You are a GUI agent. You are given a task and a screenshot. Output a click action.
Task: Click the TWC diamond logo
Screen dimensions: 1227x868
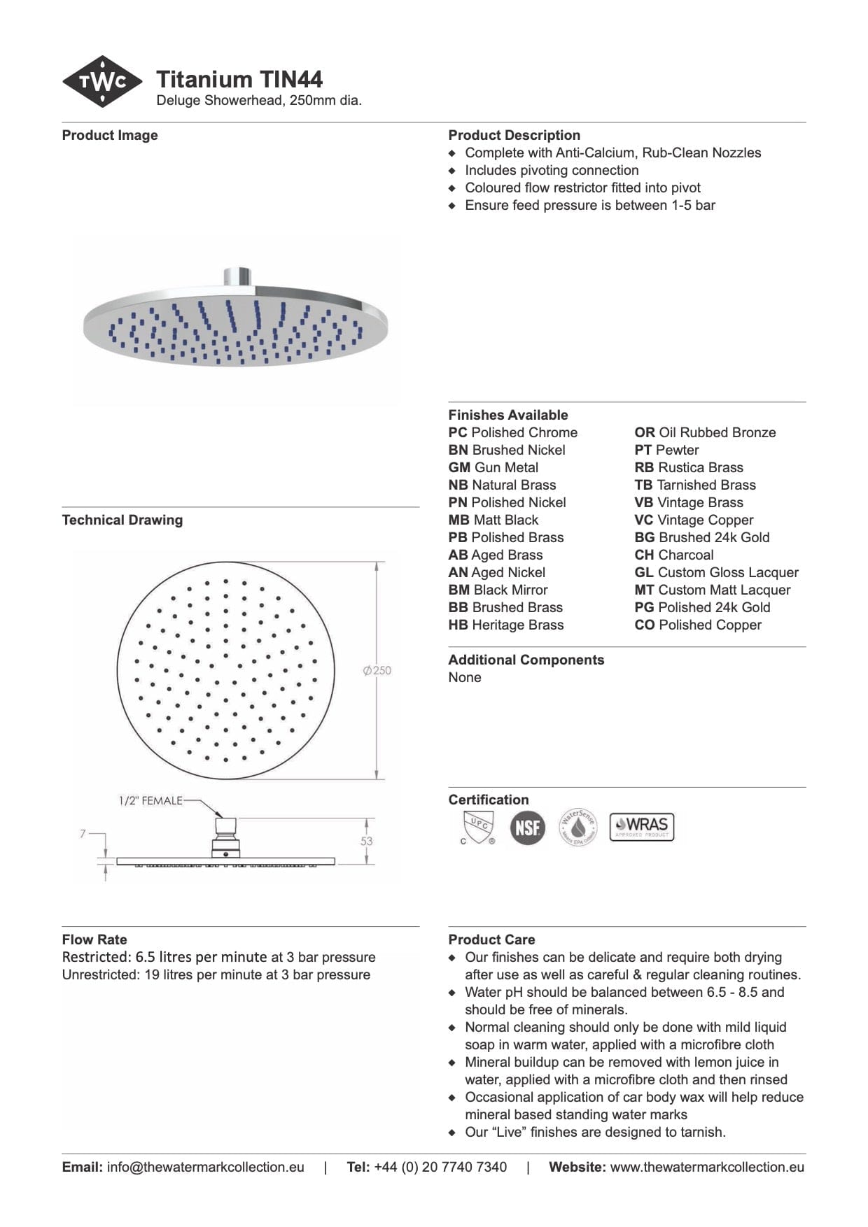(103, 82)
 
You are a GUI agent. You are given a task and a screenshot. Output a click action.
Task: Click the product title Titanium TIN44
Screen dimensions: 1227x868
(239, 79)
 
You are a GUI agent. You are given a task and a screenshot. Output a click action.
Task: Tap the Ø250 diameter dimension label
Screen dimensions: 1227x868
(377, 670)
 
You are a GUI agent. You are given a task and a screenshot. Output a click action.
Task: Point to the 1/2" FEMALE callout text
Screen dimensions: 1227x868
(150, 800)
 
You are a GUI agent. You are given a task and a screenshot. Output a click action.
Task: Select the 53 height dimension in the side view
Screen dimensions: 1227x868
(367, 841)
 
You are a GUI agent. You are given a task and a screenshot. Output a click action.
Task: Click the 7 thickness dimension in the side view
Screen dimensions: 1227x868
(83, 833)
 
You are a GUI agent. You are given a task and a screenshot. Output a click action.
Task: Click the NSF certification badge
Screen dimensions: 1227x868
(527, 828)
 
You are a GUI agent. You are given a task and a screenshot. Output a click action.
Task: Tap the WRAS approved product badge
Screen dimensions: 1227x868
(642, 827)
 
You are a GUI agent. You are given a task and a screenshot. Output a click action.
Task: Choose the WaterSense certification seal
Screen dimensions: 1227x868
(577, 827)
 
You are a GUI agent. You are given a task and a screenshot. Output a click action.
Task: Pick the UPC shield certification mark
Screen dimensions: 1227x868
(479, 827)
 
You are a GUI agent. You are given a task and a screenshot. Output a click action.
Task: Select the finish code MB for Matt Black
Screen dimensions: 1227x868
(458, 520)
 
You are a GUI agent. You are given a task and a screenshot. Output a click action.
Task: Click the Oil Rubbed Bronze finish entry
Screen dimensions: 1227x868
(705, 432)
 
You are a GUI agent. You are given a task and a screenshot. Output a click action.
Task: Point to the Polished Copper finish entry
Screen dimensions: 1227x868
(698, 625)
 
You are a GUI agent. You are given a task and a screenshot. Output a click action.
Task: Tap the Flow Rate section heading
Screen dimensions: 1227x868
(94, 939)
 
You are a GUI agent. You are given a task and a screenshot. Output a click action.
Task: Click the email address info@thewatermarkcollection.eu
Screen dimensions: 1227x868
(205, 1167)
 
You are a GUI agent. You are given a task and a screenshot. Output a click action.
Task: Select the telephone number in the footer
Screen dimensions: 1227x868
(440, 1167)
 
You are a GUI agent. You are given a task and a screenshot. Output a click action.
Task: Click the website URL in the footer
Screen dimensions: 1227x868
(707, 1167)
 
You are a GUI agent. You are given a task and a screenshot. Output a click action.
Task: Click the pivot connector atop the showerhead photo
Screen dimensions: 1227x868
(238, 276)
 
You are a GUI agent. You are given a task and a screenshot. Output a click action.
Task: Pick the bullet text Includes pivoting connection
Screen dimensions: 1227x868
(552, 170)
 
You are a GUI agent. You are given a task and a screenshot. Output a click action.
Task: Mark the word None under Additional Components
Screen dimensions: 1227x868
(465, 677)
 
